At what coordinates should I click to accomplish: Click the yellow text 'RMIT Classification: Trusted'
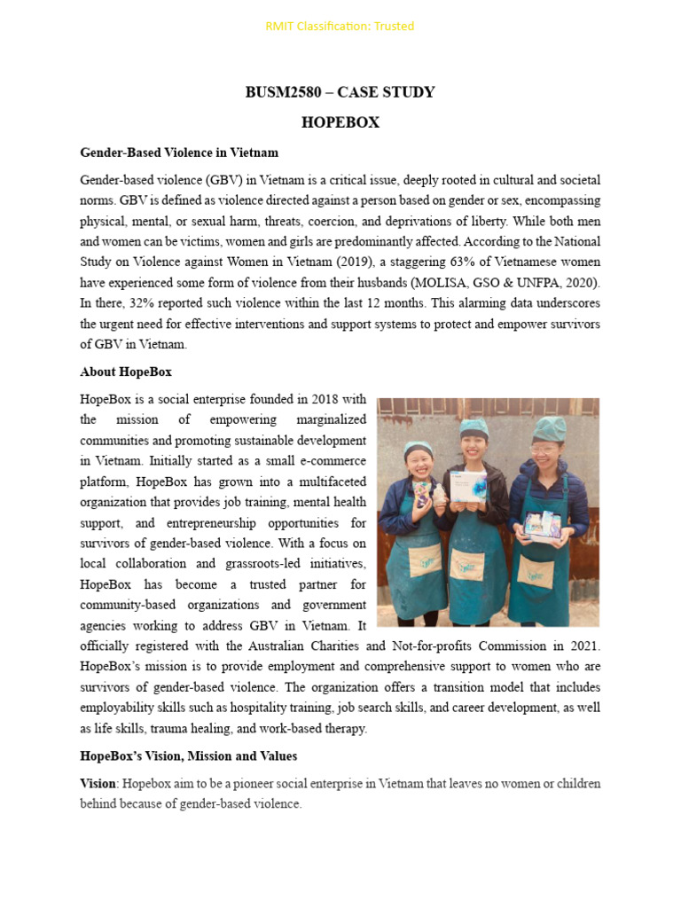pos(340,26)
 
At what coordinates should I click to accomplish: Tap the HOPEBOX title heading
pos(340,122)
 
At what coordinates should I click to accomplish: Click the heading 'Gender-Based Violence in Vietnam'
pos(179,153)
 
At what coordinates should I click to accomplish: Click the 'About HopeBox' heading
pos(126,372)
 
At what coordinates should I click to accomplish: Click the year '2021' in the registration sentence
pos(581,645)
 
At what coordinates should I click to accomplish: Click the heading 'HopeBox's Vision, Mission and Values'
pos(189,756)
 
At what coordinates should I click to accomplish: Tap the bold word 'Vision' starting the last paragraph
pos(98,784)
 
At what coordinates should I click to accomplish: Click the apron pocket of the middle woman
pos(466,565)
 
